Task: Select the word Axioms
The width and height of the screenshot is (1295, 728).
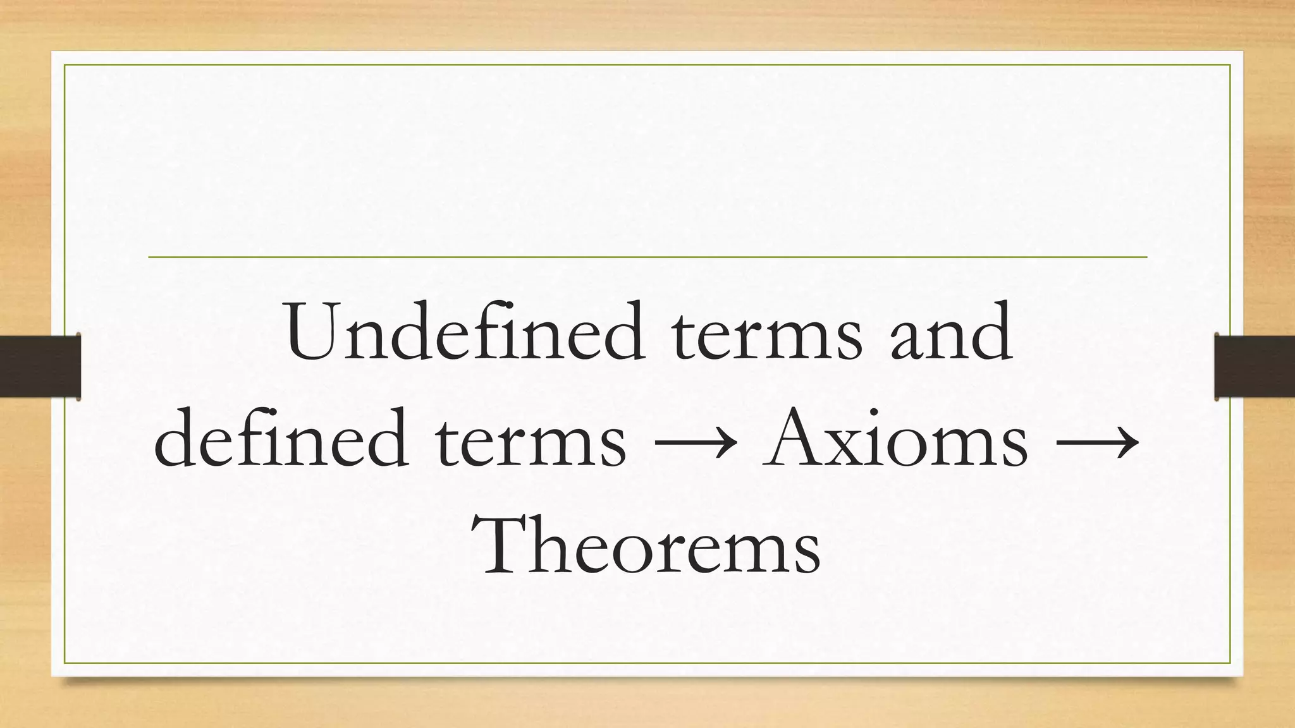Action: (895, 439)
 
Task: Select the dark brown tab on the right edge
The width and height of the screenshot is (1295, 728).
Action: (1255, 367)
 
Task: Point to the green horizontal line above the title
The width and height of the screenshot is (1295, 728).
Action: (647, 257)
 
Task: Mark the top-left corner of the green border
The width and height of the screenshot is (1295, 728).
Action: (64, 64)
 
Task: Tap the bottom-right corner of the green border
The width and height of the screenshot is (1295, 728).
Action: (1231, 664)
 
